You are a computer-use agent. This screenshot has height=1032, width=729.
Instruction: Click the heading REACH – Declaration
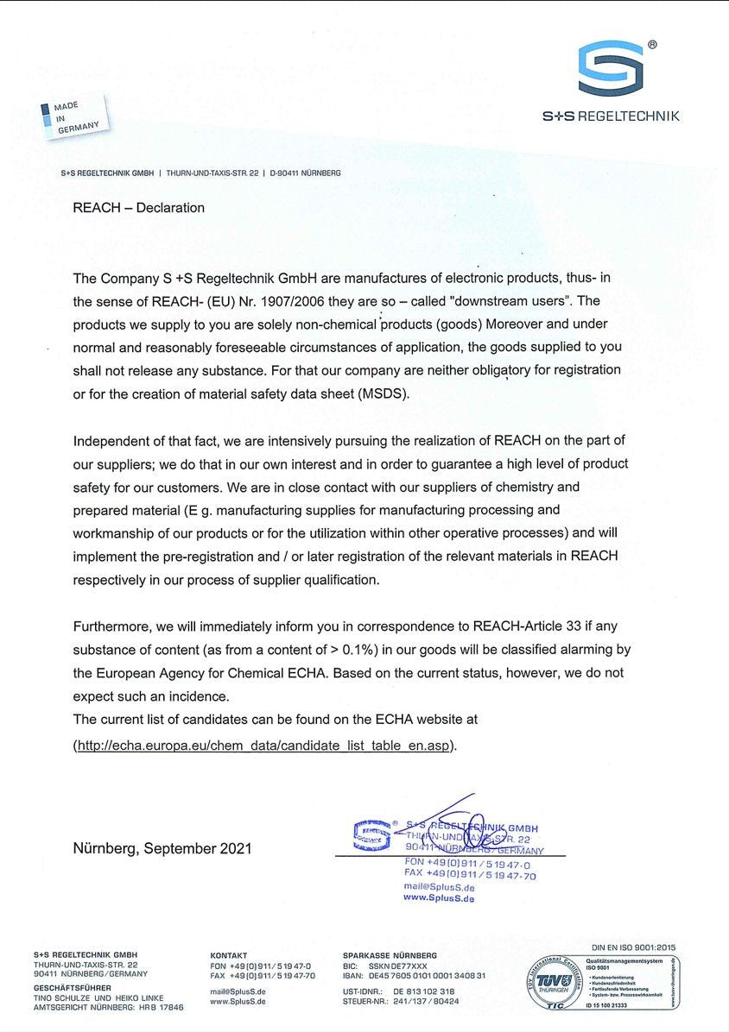coord(139,208)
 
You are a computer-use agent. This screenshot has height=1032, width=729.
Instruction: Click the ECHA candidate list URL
coord(264,745)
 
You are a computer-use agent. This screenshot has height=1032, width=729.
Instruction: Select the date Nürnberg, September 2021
coord(162,848)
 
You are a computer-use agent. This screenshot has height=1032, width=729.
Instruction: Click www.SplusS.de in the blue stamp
coord(439,898)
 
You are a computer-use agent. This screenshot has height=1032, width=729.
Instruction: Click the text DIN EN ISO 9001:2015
coord(634,947)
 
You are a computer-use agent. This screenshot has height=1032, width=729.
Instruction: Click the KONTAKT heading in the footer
coord(229,955)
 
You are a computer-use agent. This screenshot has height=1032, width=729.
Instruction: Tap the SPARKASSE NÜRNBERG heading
coord(390,955)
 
